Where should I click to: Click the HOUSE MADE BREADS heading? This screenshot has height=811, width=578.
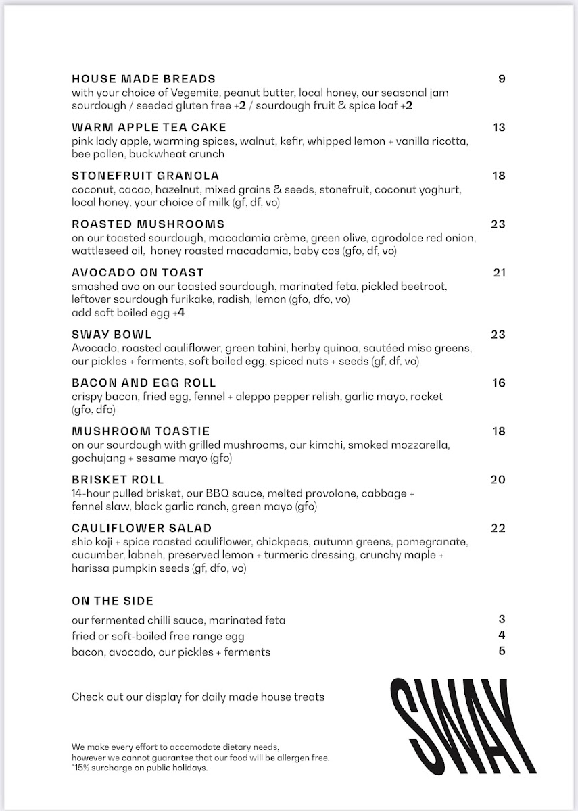pyautogui.click(x=143, y=79)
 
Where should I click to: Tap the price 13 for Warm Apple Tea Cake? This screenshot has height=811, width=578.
pyautogui.click(x=499, y=128)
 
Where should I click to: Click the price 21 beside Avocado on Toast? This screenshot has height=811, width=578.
pyautogui.click(x=500, y=273)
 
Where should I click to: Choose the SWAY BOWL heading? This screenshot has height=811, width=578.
pyautogui.click(x=112, y=335)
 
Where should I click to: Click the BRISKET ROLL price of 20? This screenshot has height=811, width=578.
pyautogui.click(x=498, y=480)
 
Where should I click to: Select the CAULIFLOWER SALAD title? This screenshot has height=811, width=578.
pyautogui.click(x=141, y=529)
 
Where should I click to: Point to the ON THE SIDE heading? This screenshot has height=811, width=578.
pyautogui.click(x=112, y=601)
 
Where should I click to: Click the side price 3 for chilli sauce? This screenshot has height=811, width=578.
pyautogui.click(x=502, y=619)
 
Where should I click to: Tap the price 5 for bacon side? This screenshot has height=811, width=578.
pyautogui.click(x=502, y=652)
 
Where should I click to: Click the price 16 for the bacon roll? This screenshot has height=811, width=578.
pyautogui.click(x=499, y=383)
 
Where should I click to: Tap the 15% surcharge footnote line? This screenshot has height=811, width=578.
pyautogui.click(x=140, y=768)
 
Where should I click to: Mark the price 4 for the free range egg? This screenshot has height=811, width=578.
pyautogui.click(x=502, y=635)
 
